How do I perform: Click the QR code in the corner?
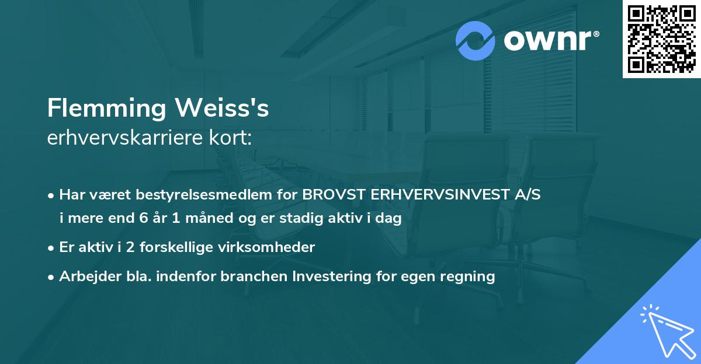(662, 38)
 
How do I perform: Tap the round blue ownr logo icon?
(476, 41)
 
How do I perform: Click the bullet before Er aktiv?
(51, 247)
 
